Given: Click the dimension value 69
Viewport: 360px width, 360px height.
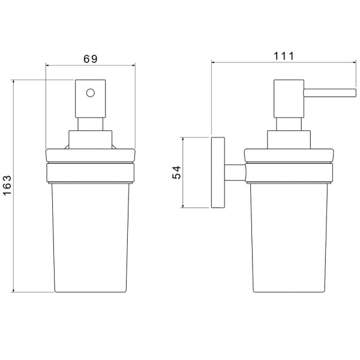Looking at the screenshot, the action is pyautogui.click(x=90, y=59).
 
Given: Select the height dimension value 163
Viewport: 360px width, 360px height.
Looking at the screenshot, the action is pyautogui.click(x=7, y=185).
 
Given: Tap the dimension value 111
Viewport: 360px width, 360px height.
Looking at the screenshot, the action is pyautogui.click(x=284, y=56).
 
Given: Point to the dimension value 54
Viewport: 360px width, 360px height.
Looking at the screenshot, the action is pyautogui.click(x=176, y=172).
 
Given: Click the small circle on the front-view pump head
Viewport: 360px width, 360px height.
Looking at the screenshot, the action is pyautogui.click(x=91, y=93).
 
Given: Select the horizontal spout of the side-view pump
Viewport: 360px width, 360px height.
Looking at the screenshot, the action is pyautogui.click(x=329, y=93).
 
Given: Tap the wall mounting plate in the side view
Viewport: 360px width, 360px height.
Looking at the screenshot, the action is pyautogui.click(x=218, y=173).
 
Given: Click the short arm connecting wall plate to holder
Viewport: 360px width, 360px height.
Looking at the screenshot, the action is pyautogui.click(x=235, y=172).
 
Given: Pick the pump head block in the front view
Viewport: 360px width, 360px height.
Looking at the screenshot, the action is pyautogui.click(x=91, y=99).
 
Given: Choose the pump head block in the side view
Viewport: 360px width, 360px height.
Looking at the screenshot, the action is pyautogui.click(x=289, y=99).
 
